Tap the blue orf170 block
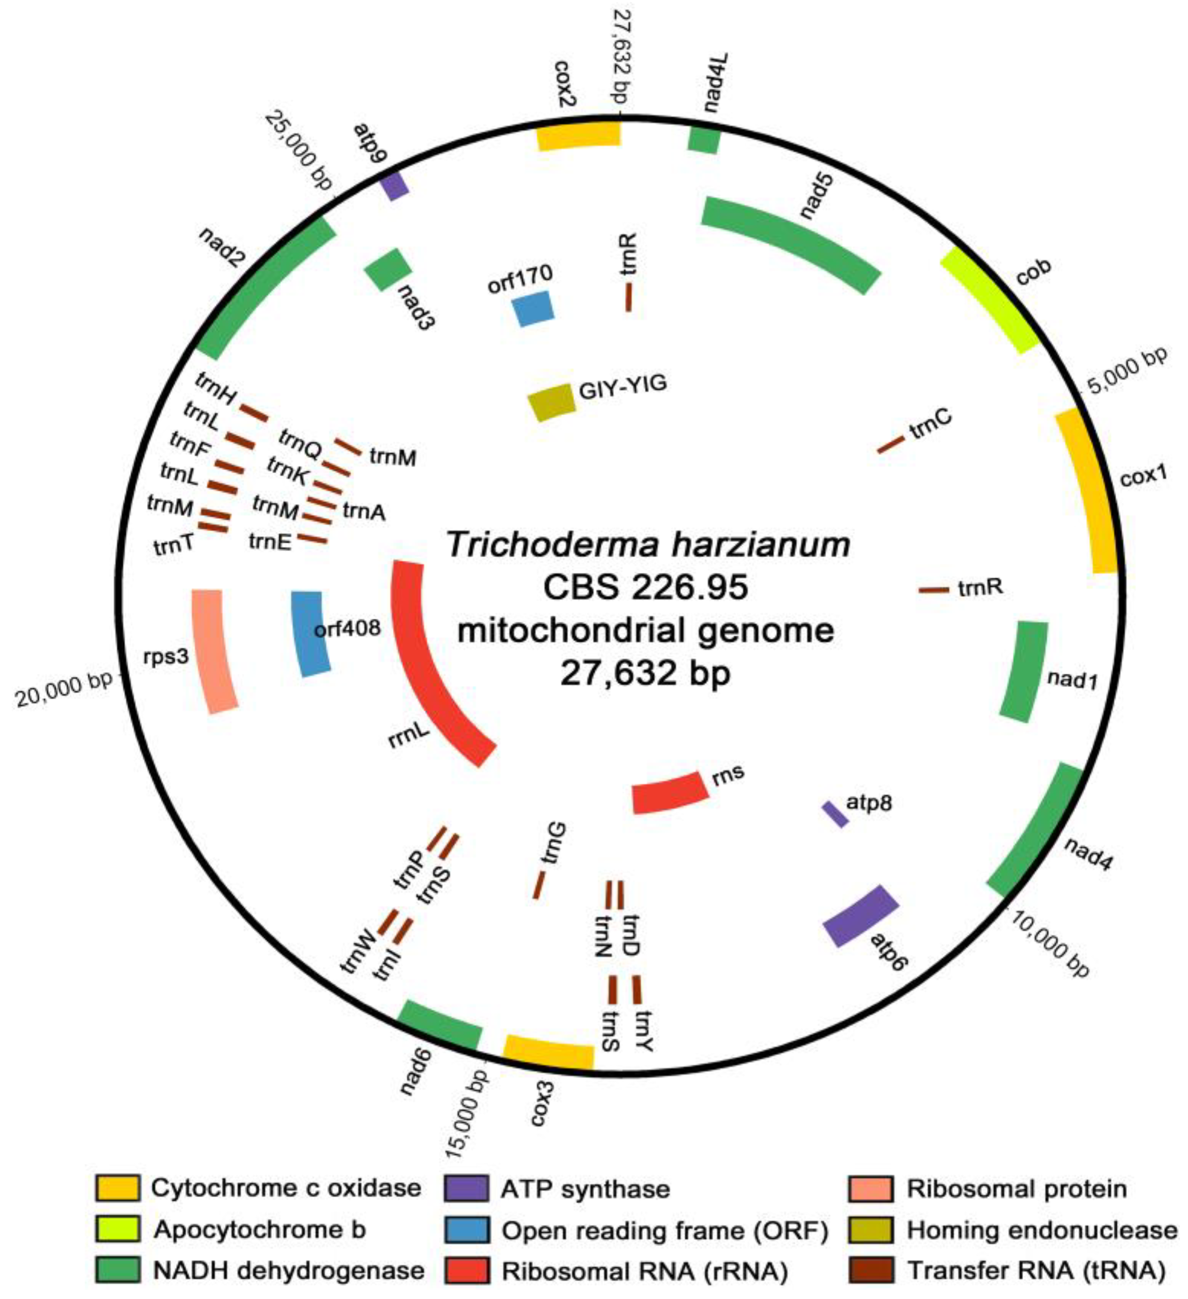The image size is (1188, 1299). [533, 308]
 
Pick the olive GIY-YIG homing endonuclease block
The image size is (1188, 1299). [552, 402]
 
